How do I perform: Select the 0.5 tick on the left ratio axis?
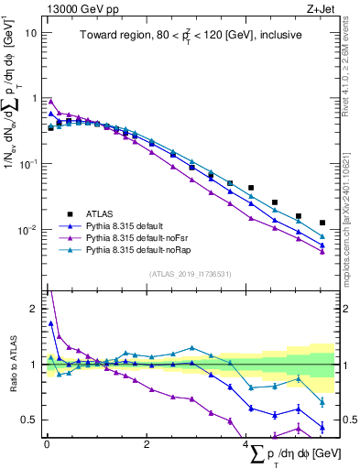pyautogui.click(x=33, y=420)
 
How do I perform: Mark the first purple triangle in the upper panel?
pyautogui.click(x=51, y=102)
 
